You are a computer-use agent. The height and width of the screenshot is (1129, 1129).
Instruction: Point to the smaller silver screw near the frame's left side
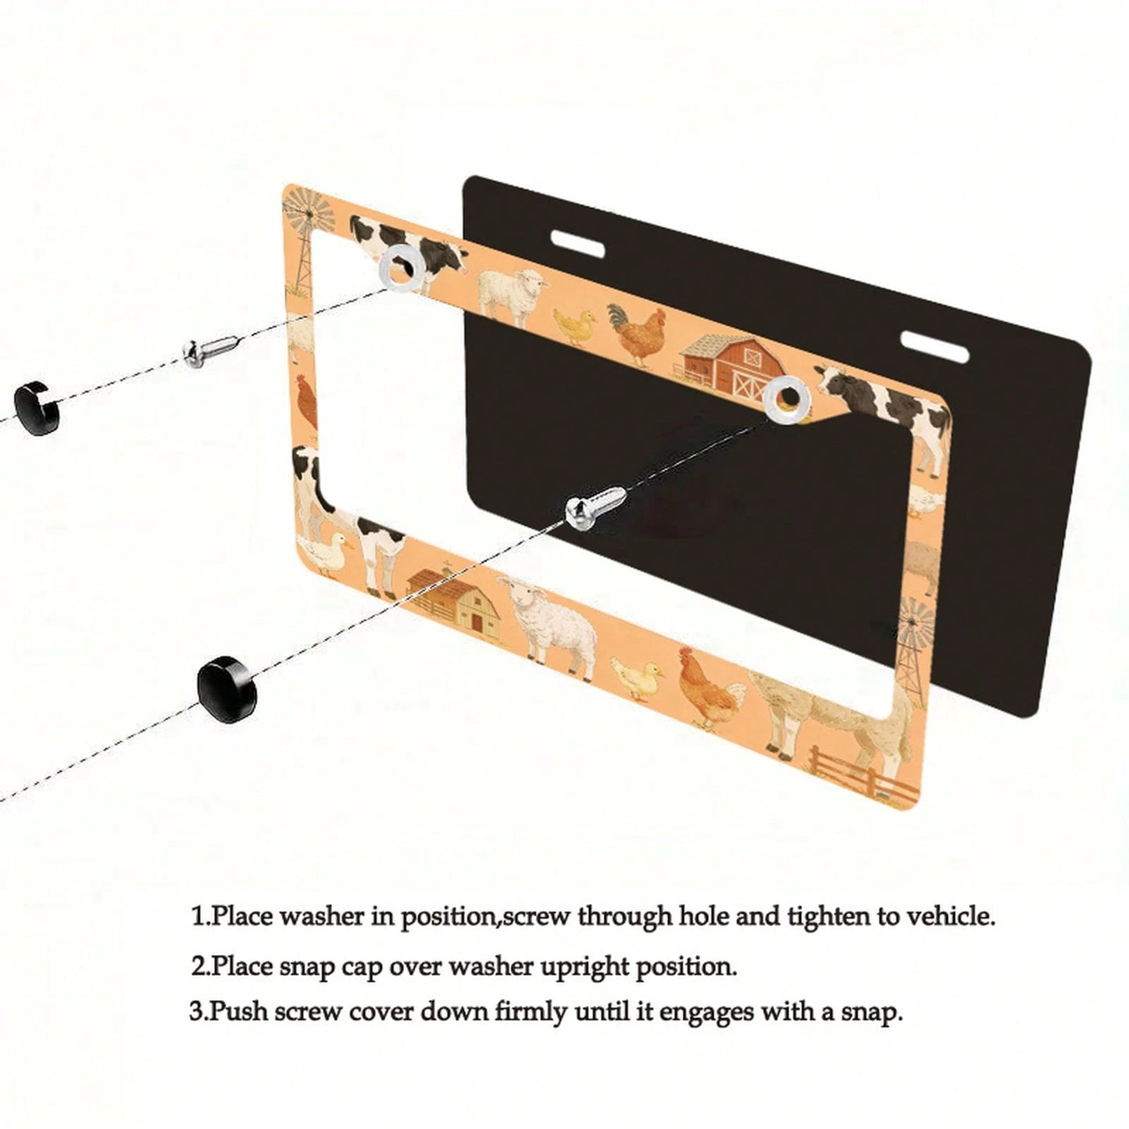[209, 350]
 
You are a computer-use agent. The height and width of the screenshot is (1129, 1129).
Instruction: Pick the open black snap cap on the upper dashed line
[38, 407]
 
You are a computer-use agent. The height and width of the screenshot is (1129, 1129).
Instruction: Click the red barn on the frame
[731, 362]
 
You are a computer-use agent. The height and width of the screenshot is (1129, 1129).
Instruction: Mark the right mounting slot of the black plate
[934, 346]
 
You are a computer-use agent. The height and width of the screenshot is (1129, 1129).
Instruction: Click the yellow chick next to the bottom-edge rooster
[638, 678]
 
